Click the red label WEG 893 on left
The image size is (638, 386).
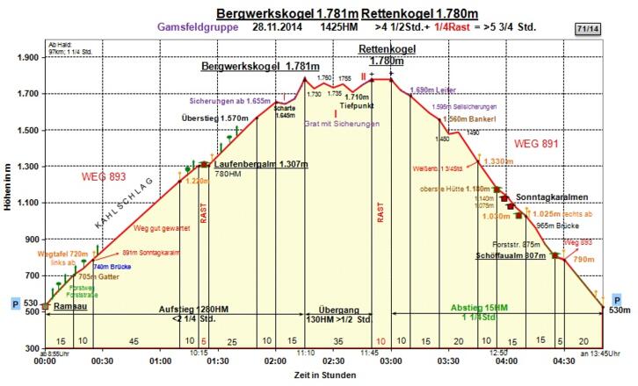104,177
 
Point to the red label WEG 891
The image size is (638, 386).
536,143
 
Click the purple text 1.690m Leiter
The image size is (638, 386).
437,90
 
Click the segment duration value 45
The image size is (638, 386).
134,341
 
